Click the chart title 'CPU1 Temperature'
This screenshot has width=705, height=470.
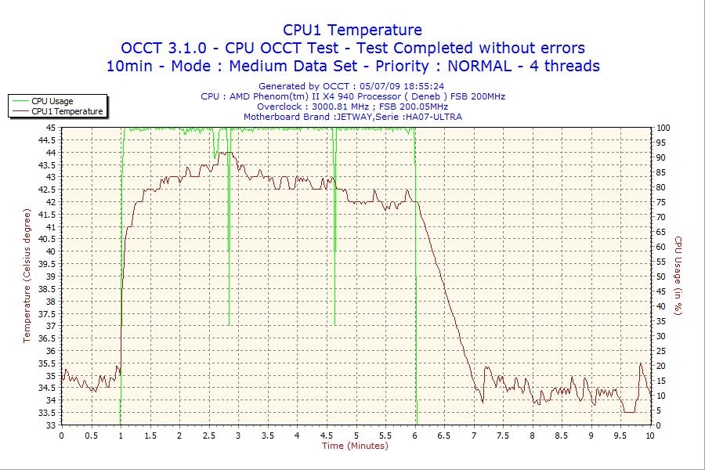352,30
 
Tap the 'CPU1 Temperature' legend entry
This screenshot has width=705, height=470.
67,112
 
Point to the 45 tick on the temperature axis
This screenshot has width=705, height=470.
50,128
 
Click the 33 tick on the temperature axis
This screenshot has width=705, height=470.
50,425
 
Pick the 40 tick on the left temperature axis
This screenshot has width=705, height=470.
50,251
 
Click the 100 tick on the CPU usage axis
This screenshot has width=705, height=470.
663,128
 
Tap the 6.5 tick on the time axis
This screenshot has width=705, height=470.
444,436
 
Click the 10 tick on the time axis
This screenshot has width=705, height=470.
650,436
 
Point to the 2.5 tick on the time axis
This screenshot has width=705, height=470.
208,436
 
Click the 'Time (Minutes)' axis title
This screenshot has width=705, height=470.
355,446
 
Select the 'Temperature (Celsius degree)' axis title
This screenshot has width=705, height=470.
28,276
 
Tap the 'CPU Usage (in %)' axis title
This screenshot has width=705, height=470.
678,276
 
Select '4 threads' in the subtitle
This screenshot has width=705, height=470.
566,66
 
